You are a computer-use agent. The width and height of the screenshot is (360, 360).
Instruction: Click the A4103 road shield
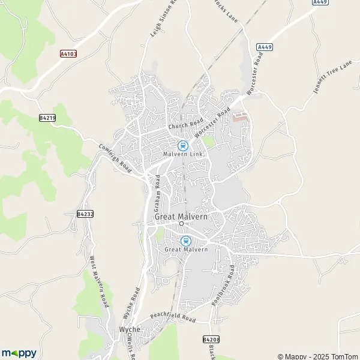pos(68,53)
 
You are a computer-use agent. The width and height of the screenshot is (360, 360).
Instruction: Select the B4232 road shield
pos(85,214)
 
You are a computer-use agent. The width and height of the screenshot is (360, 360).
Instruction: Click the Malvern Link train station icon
pos(182,145)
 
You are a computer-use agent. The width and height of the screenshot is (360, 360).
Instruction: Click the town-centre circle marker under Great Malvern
pos(181,224)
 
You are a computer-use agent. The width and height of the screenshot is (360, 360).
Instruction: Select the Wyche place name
pos(130,330)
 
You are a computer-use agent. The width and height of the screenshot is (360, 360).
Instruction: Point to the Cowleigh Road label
pos(115,156)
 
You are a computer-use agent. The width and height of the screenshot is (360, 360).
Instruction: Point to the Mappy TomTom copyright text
pos(317,356)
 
